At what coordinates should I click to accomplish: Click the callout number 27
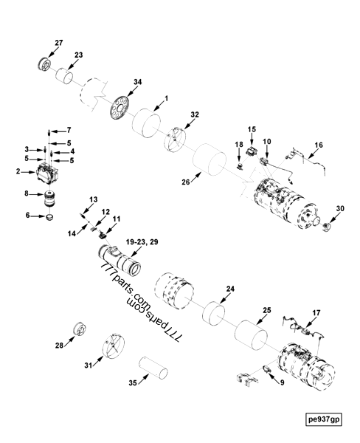[x=59, y=42]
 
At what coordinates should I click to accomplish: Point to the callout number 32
[x=195, y=115]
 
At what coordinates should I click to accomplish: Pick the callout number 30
[x=339, y=209]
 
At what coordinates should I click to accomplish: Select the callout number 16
[x=319, y=146]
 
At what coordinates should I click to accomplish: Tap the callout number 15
[x=251, y=131]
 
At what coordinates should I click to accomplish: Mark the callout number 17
[x=318, y=312]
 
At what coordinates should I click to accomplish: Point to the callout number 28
[x=60, y=345]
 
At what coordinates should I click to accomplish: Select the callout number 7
[x=69, y=130]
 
